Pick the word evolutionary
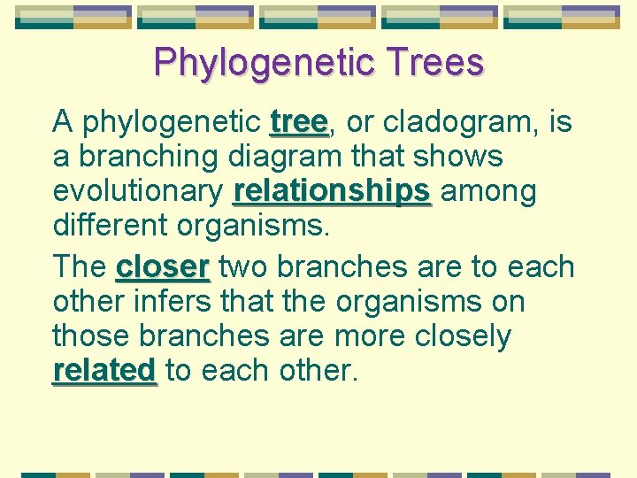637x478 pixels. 138,192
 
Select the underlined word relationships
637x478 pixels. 332,192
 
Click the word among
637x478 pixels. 487,192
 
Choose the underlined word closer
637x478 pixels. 163,266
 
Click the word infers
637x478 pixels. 165,301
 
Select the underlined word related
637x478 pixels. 104,371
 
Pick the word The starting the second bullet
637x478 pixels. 81,266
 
